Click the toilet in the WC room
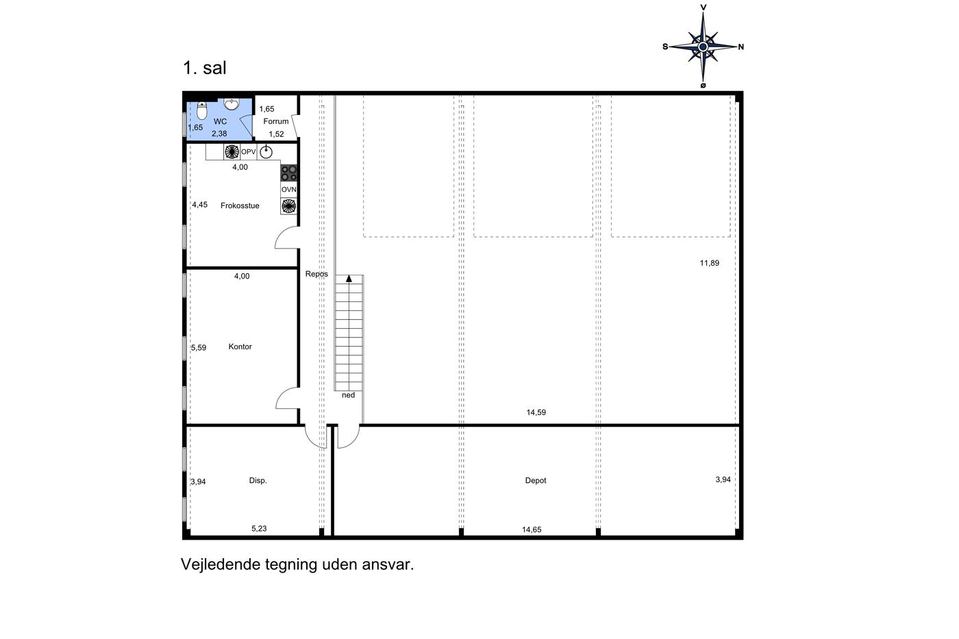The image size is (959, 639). [x=201, y=110]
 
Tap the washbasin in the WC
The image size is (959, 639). [x=232, y=104]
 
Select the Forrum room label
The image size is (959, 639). [x=275, y=121]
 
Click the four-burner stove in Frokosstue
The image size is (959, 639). [x=288, y=173]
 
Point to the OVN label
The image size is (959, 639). [x=288, y=190]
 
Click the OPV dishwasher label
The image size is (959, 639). [x=248, y=152]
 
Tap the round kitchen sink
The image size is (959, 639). [x=266, y=152]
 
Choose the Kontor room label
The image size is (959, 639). [x=240, y=347]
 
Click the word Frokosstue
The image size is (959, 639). [x=240, y=206]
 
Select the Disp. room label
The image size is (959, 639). [x=258, y=481]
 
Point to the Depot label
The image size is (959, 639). [x=536, y=481]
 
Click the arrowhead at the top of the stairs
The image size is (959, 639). [x=349, y=279]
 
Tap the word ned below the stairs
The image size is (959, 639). [x=348, y=395]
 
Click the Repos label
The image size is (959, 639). [x=316, y=274]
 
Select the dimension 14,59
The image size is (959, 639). [x=536, y=412]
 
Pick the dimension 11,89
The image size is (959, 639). [x=710, y=263]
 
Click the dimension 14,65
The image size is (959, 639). [x=532, y=530]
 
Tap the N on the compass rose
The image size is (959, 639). [x=741, y=47]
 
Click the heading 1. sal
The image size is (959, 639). [x=205, y=68]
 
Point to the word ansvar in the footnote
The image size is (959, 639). [x=388, y=564]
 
